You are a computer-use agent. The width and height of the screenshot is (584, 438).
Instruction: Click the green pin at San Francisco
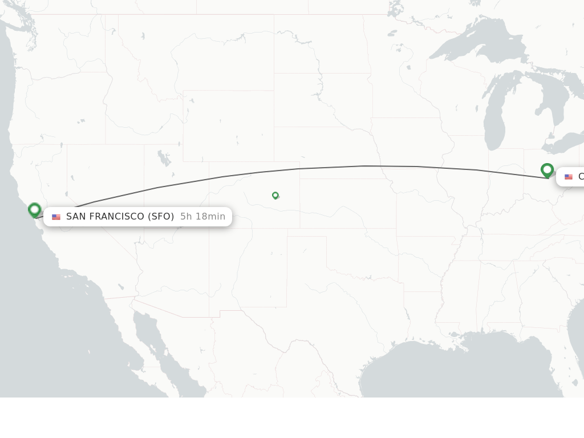34,210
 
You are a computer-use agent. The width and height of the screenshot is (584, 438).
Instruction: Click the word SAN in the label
76,217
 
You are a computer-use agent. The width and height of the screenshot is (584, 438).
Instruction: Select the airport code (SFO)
161,217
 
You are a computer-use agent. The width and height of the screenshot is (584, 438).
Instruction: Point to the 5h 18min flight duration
202,217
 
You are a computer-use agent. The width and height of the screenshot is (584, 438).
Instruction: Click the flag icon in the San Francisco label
56,217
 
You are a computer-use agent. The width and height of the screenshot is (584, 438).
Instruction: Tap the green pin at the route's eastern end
547,170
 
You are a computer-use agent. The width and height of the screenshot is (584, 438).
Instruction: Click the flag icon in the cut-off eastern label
569,177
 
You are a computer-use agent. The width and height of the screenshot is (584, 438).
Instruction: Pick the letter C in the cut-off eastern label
581,177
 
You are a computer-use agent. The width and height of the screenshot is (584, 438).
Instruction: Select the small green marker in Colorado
275,195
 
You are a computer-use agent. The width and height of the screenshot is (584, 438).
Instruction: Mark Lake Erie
562,145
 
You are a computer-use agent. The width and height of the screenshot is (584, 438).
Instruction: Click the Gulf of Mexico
456,371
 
